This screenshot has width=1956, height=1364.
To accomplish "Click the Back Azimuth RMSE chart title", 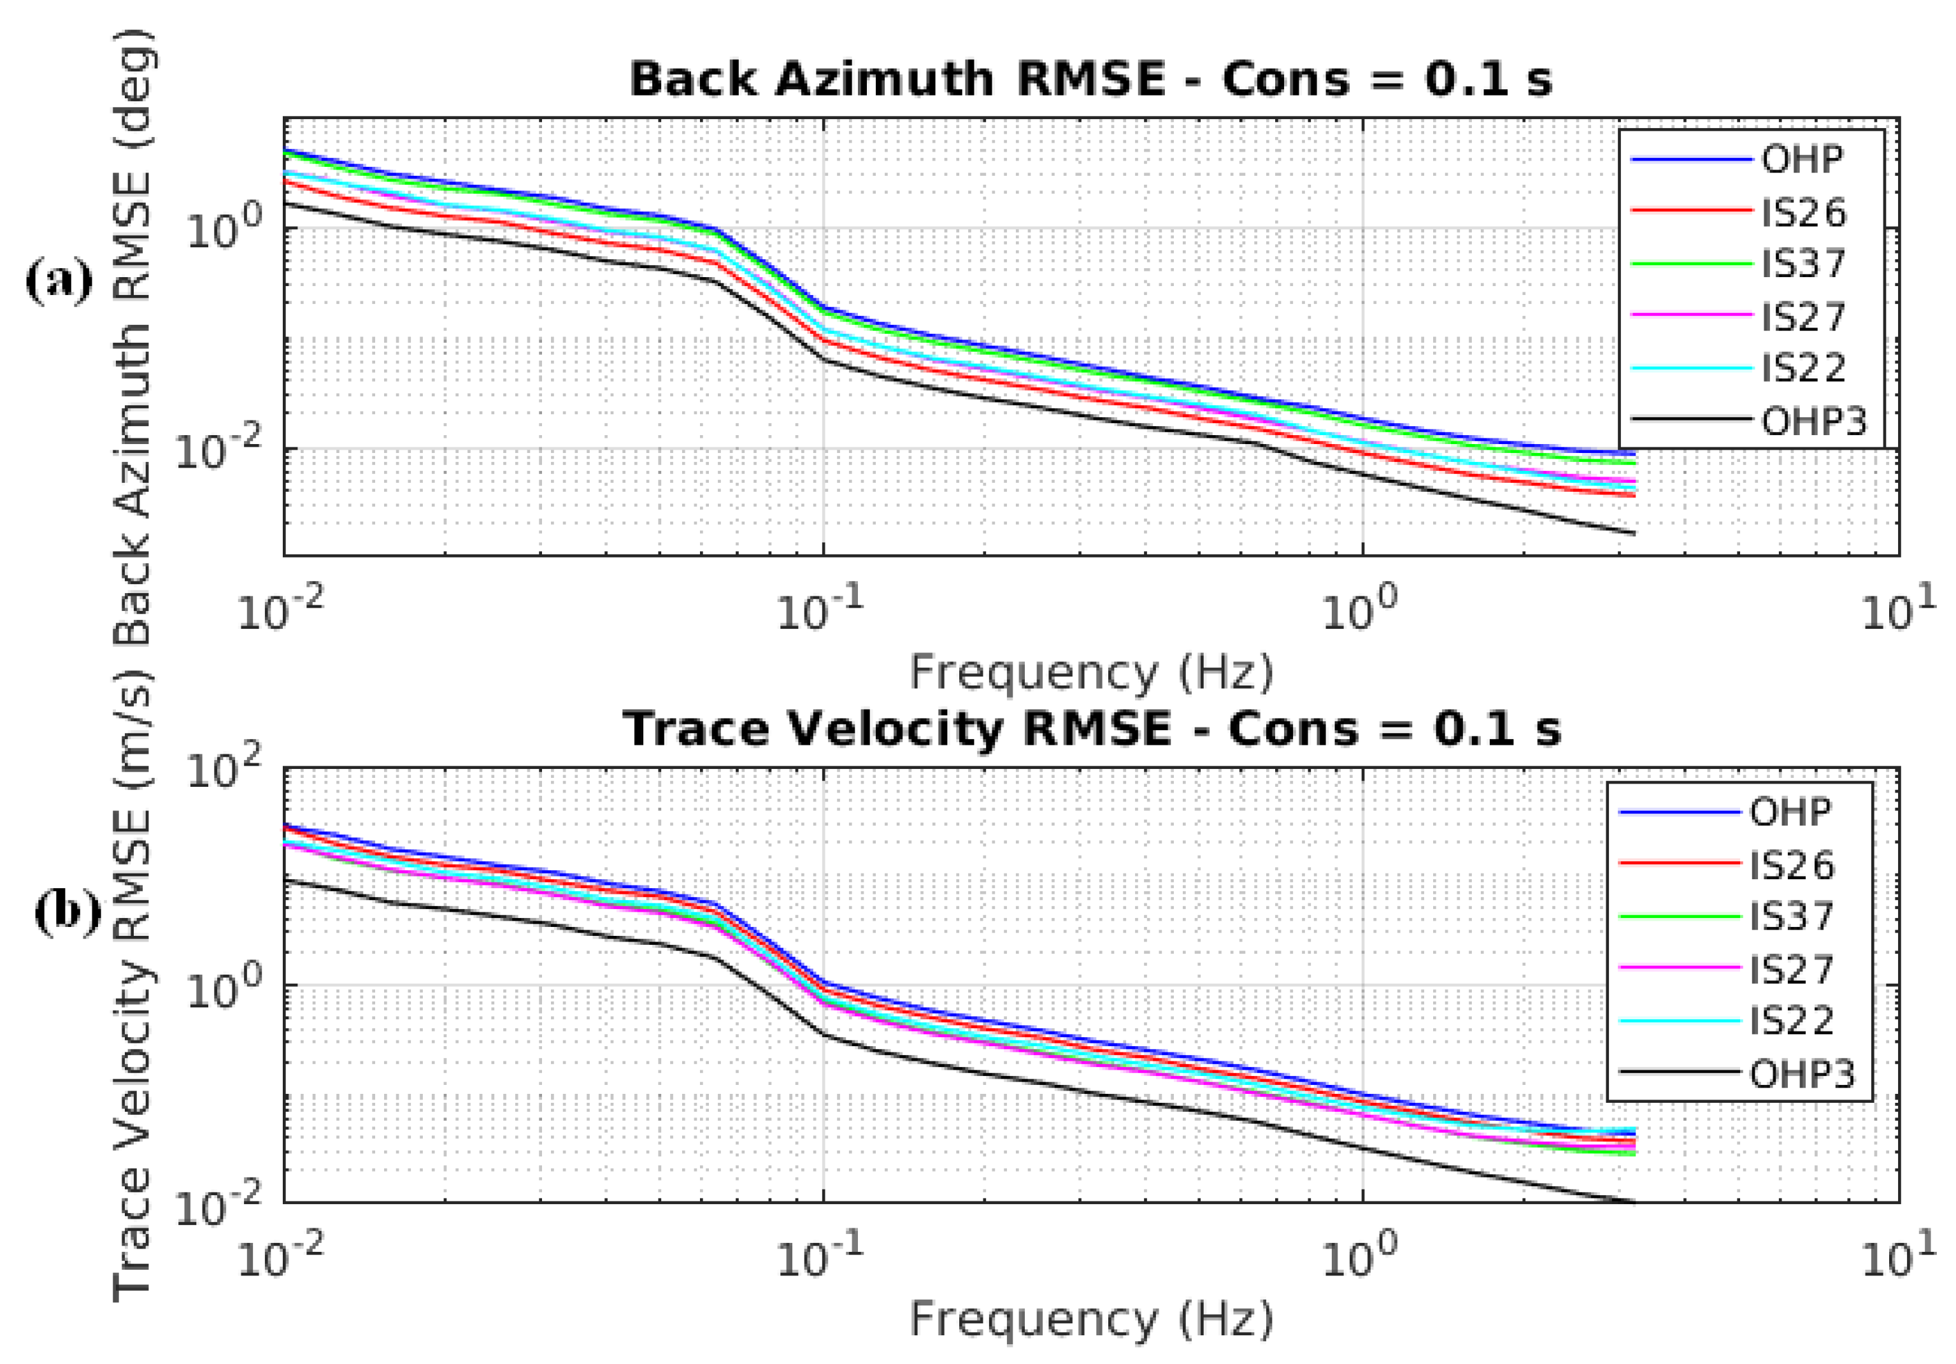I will (1090, 79).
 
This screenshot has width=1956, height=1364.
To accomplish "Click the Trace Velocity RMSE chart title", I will (1092, 730).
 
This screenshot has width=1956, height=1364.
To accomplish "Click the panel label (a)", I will (59, 281).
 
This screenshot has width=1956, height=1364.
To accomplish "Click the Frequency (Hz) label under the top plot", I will (1091, 672).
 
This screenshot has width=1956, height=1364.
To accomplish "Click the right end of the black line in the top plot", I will (1634, 534).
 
